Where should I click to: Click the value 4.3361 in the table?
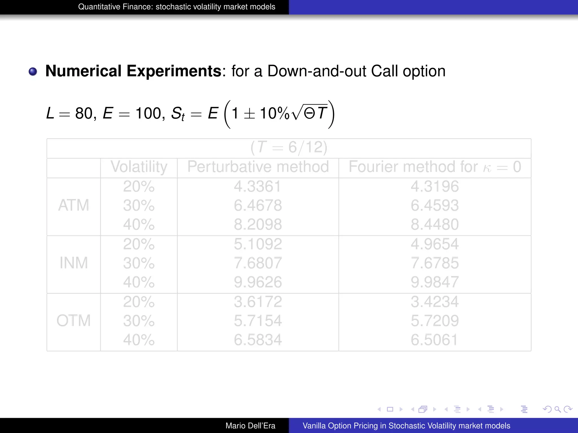pyautogui.click(x=257, y=187)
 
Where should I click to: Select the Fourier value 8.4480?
pyautogui.click(x=435, y=225)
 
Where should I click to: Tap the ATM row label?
pyautogui.click(x=74, y=205)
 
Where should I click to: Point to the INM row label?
pyautogui.click(x=74, y=263)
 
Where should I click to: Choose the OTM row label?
pyautogui.click(x=74, y=321)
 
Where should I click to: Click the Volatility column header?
pyautogui.click(x=139, y=167)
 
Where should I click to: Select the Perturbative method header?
pyautogui.click(x=258, y=167)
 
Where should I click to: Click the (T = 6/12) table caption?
pyautogui.click(x=289, y=147)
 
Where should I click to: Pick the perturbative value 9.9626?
pyautogui.click(x=258, y=282)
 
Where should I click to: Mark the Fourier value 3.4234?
pyautogui.click(x=435, y=302)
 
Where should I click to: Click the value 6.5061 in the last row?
pyautogui.click(x=434, y=340)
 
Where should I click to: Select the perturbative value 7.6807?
pyautogui.click(x=258, y=263)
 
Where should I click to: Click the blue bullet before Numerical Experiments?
pyautogui.click(x=33, y=72)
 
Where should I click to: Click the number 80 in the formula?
pyautogui.click(x=84, y=114)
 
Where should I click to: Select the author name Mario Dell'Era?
pyautogui.click(x=250, y=426)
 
